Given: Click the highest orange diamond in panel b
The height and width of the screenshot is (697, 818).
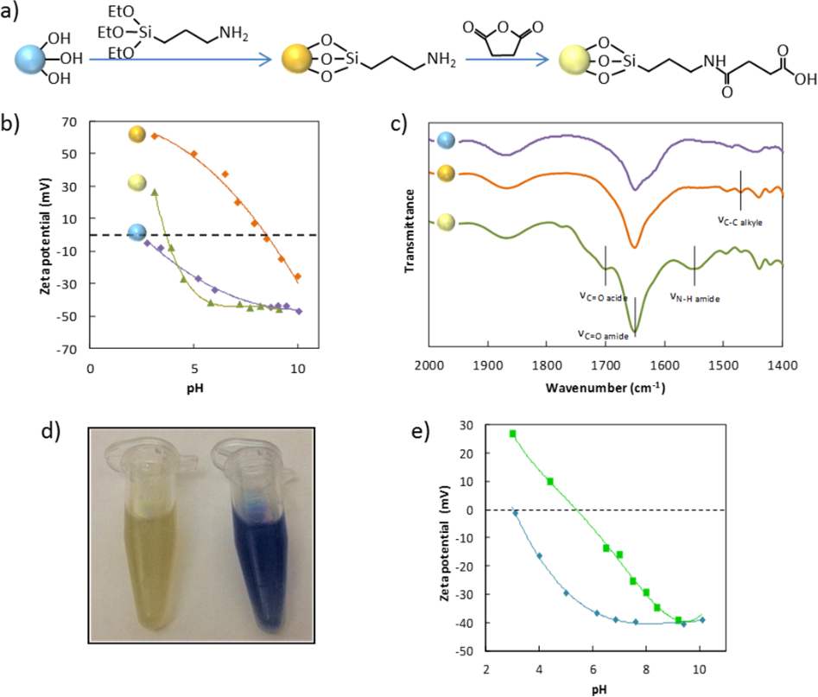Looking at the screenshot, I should (x=155, y=136).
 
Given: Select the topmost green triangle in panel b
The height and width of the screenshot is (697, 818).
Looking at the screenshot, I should (x=155, y=192).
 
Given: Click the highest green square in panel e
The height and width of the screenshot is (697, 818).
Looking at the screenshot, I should (x=513, y=434).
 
